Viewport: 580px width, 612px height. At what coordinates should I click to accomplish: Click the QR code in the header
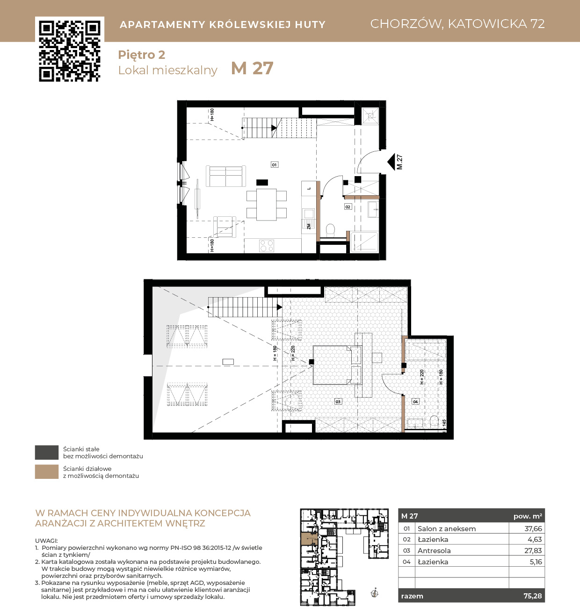[70, 51]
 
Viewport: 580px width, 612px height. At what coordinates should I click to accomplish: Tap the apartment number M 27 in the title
[252, 68]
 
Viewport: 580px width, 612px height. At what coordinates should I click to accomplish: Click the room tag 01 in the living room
[274, 164]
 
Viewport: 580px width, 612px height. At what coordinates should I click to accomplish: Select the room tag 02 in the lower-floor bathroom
[348, 206]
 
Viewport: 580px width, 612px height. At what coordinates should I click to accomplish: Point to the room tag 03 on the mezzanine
[338, 402]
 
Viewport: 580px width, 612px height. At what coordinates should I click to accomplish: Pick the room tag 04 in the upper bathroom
[415, 402]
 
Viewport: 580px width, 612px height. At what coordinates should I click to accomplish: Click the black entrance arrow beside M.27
[391, 162]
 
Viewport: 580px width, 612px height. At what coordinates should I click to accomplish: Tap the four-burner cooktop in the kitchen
[267, 246]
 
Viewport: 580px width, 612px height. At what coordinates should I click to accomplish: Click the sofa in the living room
[225, 176]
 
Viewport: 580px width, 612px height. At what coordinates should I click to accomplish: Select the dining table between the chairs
[267, 205]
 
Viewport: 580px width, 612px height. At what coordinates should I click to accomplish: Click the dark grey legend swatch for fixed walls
[47, 452]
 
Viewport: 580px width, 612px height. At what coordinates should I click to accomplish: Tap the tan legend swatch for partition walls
[47, 471]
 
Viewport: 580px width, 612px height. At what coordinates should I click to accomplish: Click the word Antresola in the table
[434, 551]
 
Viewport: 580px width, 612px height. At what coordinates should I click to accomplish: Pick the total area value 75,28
[533, 596]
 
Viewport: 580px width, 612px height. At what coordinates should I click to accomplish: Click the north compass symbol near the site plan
[375, 593]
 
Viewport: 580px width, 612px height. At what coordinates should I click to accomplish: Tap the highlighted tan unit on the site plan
[309, 539]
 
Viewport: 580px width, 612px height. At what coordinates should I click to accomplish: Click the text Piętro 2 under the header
[142, 55]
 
